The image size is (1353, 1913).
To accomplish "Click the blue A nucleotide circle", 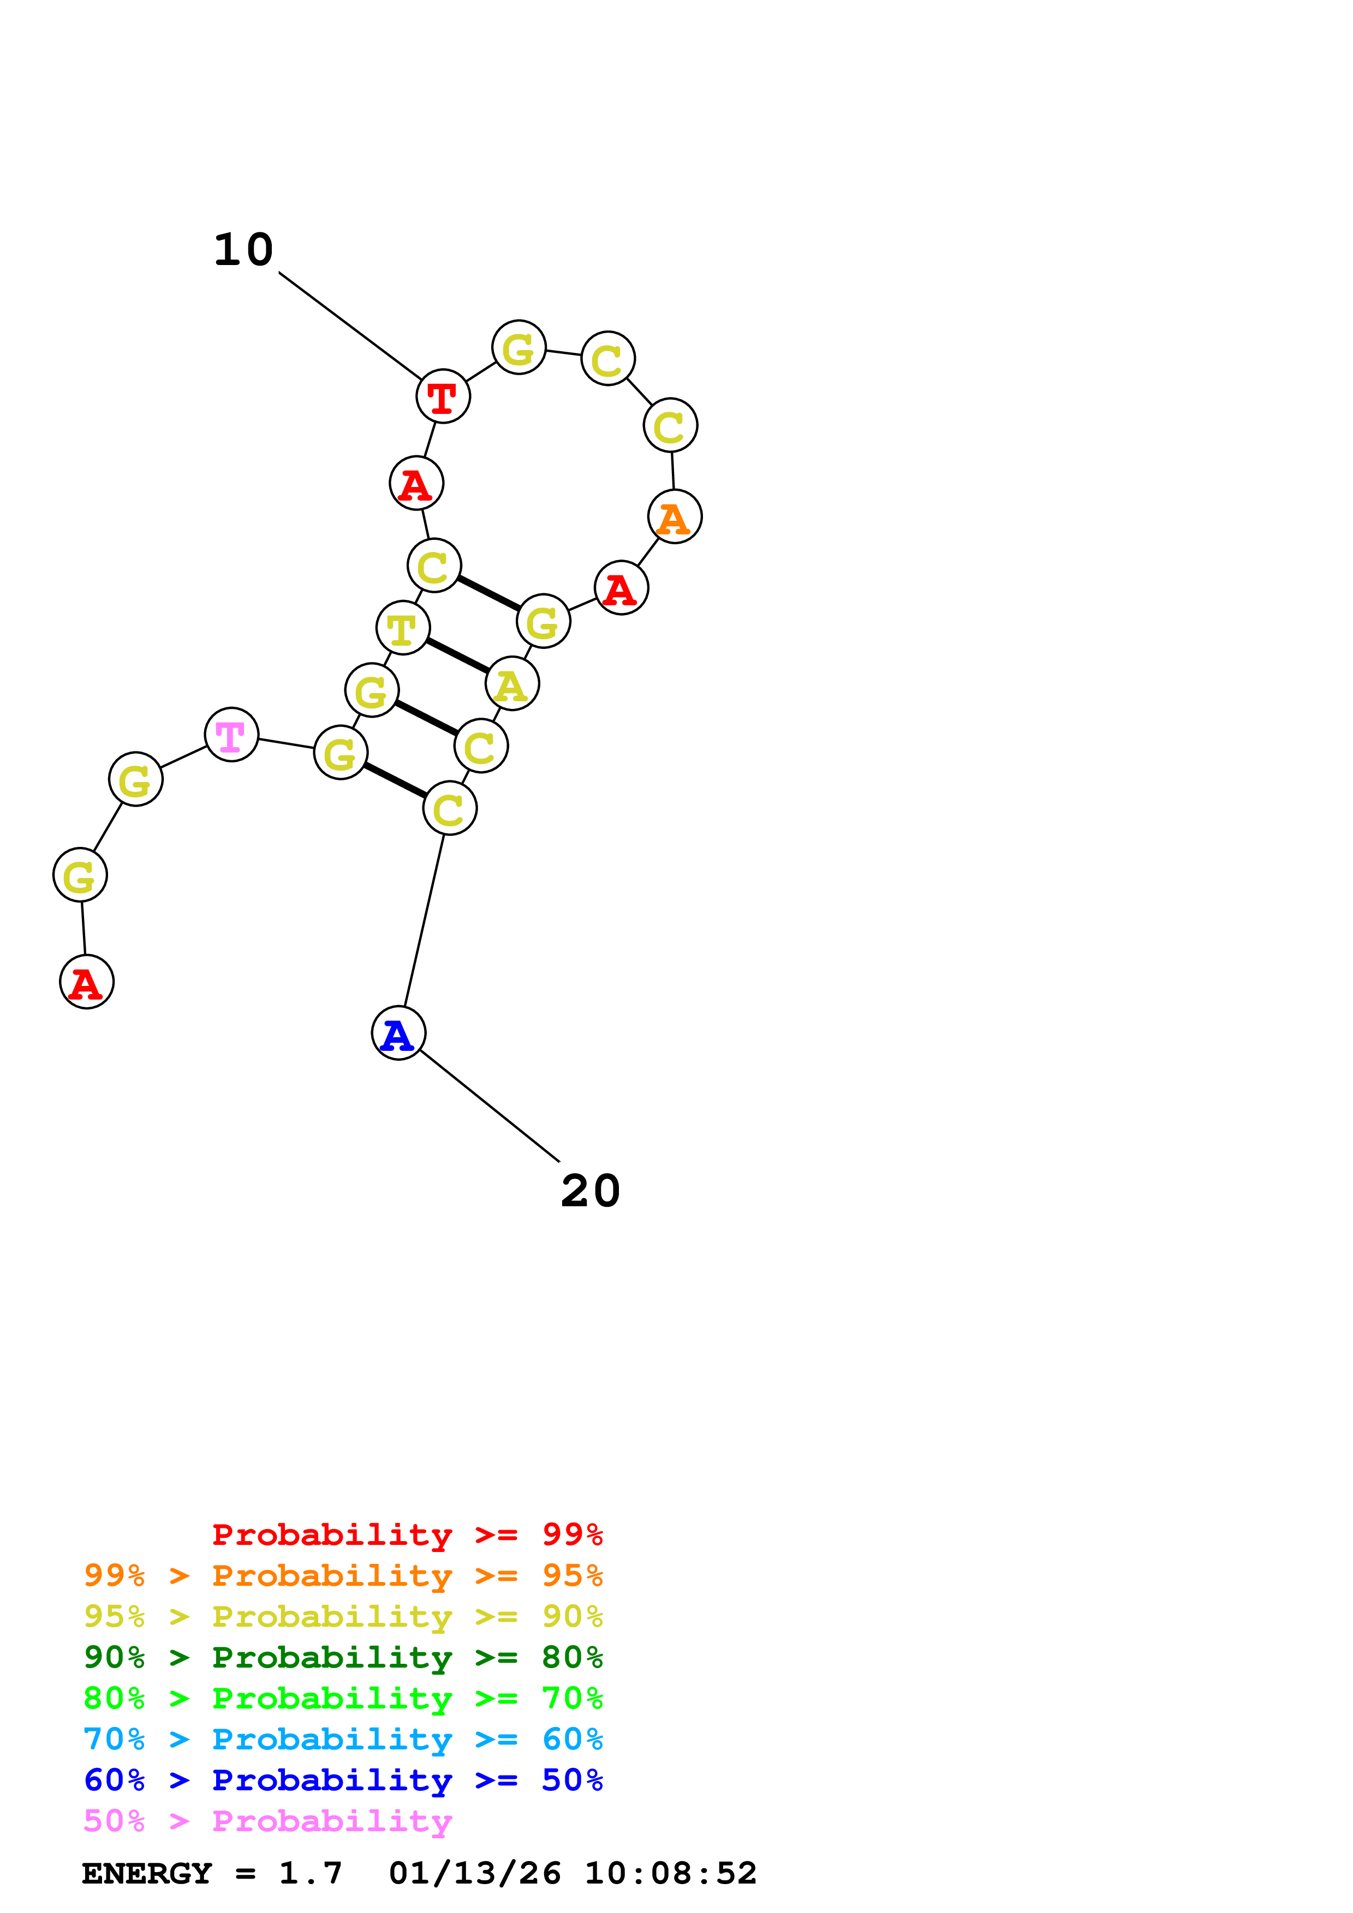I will tap(398, 1033).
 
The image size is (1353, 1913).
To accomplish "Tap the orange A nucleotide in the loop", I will tap(675, 516).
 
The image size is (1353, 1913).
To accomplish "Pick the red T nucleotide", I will tap(443, 396).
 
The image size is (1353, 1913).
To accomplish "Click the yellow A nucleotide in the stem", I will tap(512, 684).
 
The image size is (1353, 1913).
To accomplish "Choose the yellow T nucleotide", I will tap(403, 627).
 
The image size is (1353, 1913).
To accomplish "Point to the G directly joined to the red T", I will tap(518, 347).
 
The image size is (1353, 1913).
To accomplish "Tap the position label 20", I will tap(590, 1190).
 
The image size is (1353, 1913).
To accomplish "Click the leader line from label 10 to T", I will tap(350, 326).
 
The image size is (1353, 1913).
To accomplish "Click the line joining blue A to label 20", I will tap(490, 1105).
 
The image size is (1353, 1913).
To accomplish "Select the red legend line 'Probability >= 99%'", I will tap(407, 1534).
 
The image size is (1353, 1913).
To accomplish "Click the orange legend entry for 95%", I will tap(343, 1575).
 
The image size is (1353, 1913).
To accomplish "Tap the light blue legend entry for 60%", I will tap(343, 1739).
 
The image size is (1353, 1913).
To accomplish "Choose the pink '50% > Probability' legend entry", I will tap(267, 1820).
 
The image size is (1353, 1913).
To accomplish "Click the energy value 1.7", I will tap(310, 1873).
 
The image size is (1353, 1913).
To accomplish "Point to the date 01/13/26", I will tap(474, 1873).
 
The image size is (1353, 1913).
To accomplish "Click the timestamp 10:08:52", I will tap(670, 1873).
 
